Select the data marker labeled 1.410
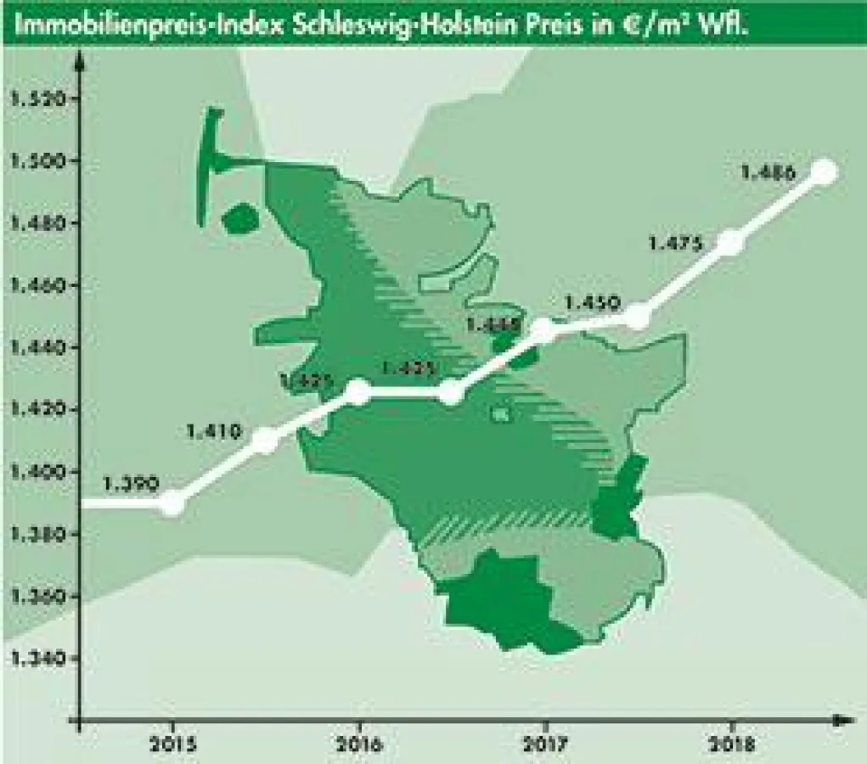pyautogui.click(x=266, y=440)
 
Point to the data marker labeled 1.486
pyautogui.click(x=824, y=171)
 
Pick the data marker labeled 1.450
pyautogui.click(x=638, y=317)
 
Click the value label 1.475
pyautogui.click(x=675, y=244)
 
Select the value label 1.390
pyautogui.click(x=131, y=485)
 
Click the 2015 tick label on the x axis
pyautogui.click(x=172, y=745)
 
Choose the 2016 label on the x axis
pyautogui.click(x=359, y=745)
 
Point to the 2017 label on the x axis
pyautogui.click(x=545, y=745)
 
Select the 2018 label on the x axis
pyautogui.click(x=731, y=745)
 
